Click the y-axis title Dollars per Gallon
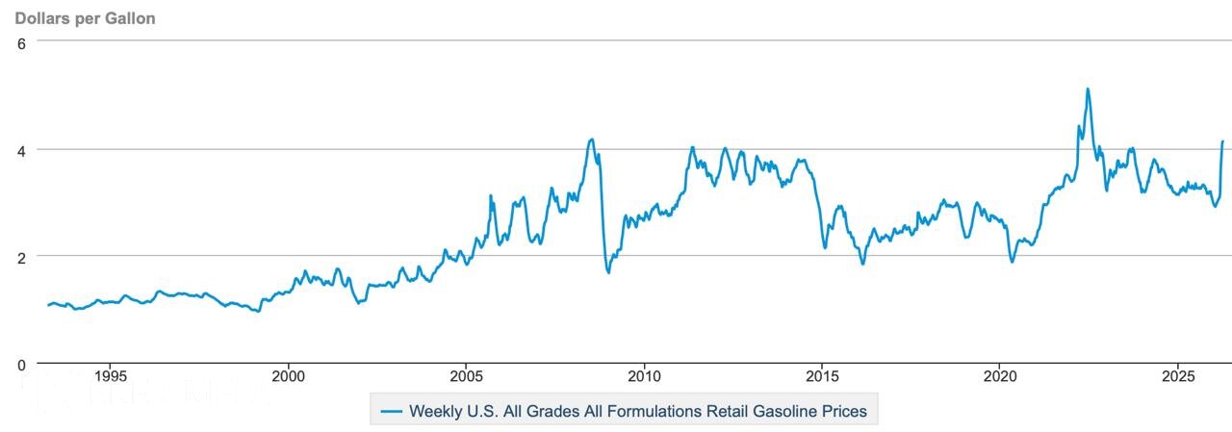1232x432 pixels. [85, 18]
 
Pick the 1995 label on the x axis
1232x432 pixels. [111, 374]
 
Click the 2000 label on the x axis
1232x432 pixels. [289, 374]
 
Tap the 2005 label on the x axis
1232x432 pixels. [466, 374]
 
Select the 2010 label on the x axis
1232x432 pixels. [644, 374]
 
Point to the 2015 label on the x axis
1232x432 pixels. [822, 374]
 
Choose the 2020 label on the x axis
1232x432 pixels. [1000, 374]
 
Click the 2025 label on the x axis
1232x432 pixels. [1178, 374]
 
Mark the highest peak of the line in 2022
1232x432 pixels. [1088, 89]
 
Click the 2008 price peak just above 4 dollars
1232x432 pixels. [592, 140]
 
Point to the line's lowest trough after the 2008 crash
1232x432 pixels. [608, 272]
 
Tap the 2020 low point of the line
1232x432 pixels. [1012, 262]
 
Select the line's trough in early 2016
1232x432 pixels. [862, 263]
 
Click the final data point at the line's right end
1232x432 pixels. [1223, 141]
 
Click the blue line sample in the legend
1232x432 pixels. [391, 411]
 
